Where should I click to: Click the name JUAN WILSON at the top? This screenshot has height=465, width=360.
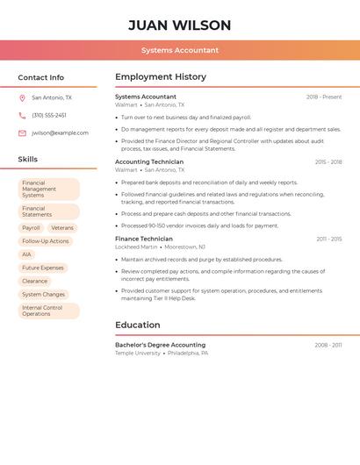click(x=179, y=25)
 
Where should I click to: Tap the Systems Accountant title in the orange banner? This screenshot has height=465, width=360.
click(x=179, y=50)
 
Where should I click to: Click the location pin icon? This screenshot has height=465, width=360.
click(x=22, y=97)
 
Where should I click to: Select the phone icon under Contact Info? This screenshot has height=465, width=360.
click(x=22, y=115)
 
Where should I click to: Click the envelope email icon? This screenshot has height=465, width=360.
click(x=22, y=132)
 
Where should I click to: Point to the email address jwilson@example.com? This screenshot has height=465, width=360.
click(x=60, y=132)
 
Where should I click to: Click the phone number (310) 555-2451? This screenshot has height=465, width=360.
click(x=49, y=115)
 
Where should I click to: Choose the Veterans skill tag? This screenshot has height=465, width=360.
click(x=62, y=227)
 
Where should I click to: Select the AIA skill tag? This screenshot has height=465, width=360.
click(x=26, y=254)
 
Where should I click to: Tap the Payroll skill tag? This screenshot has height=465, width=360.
click(x=31, y=227)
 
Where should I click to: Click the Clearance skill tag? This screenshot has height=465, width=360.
click(x=35, y=281)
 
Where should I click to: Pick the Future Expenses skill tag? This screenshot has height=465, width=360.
click(x=43, y=268)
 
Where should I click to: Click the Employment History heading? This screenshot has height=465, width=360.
click(x=161, y=77)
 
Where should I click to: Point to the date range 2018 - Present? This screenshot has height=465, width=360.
click(x=324, y=97)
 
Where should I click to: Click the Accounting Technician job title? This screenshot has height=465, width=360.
click(x=149, y=162)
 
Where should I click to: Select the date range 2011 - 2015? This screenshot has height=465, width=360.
click(x=329, y=240)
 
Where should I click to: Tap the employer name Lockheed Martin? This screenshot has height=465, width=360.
click(x=136, y=247)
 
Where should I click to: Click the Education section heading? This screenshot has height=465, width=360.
click(x=138, y=325)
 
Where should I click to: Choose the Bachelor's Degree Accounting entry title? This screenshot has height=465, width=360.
click(x=160, y=345)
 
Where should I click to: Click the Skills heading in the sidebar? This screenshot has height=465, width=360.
click(x=28, y=159)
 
